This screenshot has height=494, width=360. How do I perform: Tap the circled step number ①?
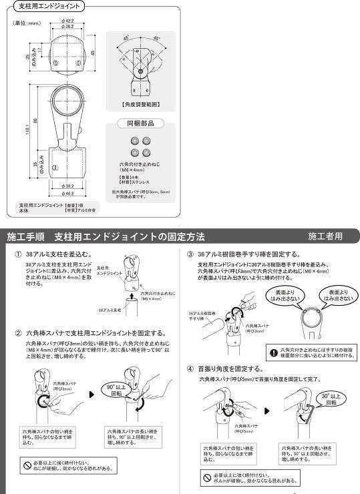click(18, 255)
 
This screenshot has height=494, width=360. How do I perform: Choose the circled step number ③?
click(190, 255)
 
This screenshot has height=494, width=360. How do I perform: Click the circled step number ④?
click(190, 368)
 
